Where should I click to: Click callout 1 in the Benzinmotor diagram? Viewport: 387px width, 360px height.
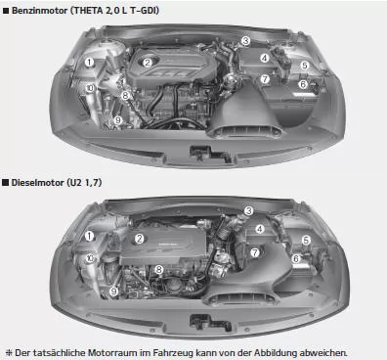[x=89, y=62]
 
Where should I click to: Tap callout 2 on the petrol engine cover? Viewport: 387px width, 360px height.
[x=149, y=63]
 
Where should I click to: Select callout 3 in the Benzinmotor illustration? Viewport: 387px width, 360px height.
[x=246, y=41]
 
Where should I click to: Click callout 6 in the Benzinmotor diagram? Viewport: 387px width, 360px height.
[x=303, y=85]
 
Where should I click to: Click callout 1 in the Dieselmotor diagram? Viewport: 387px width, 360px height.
[x=89, y=235]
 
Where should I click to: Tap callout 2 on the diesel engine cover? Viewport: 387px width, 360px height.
[x=140, y=239]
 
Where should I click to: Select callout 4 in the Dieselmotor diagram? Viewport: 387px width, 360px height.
[x=260, y=230]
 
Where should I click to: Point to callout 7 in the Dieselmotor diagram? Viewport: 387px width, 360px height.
[x=255, y=251]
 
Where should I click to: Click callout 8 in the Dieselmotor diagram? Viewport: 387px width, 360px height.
[x=158, y=268]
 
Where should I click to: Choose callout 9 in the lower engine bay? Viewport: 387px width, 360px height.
[x=114, y=291]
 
